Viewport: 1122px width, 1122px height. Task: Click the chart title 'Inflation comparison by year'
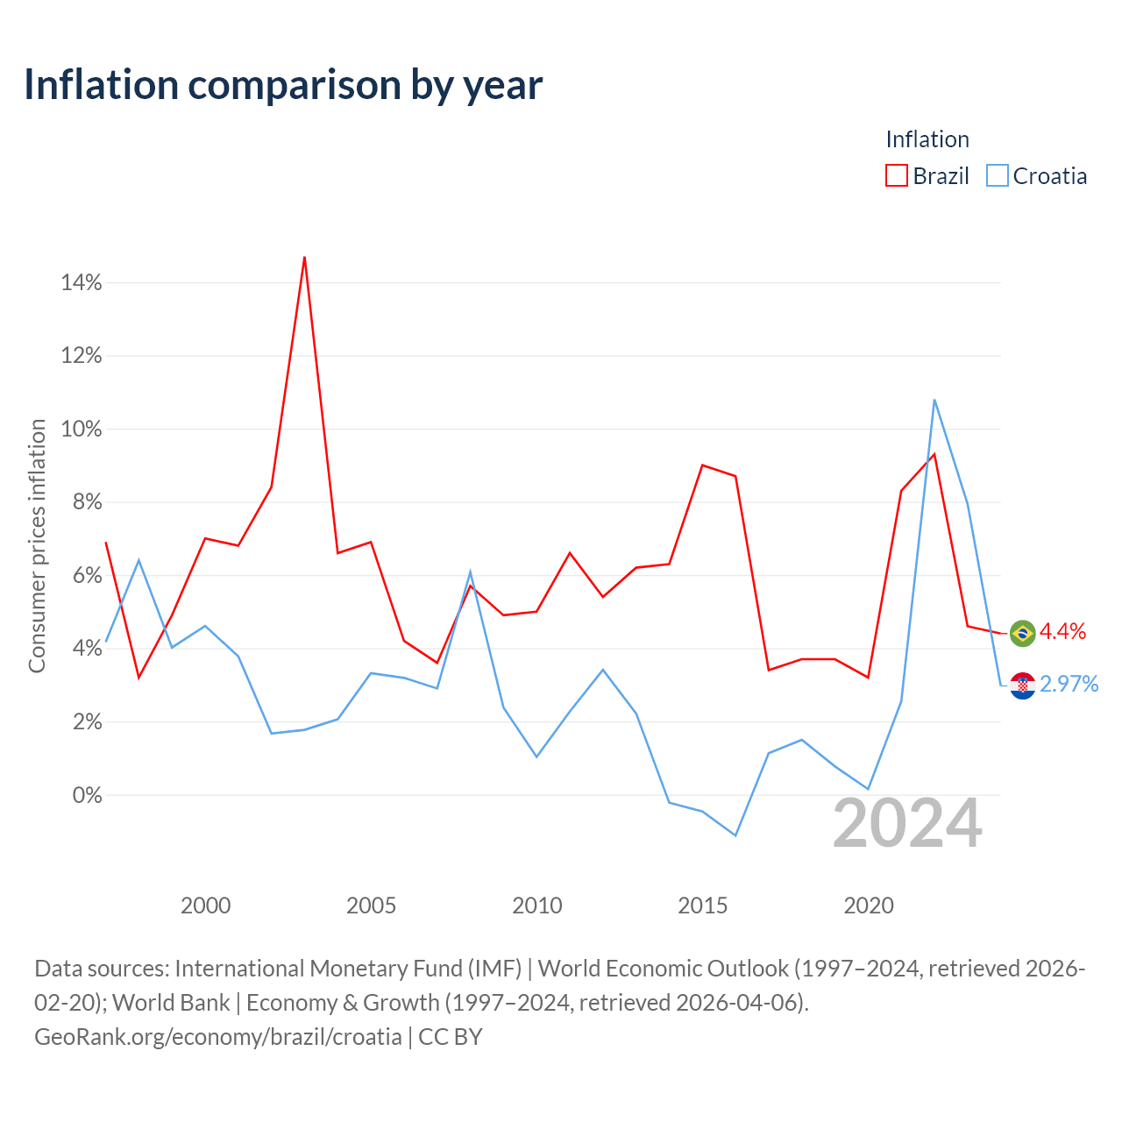[283, 85]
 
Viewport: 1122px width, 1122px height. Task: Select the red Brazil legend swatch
[896, 175]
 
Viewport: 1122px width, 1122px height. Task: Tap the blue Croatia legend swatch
[997, 175]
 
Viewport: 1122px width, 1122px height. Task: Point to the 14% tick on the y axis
[81, 283]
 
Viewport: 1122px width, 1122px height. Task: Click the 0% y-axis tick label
[87, 795]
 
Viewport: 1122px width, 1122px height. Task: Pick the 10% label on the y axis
[81, 430]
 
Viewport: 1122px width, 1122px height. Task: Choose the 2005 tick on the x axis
[371, 905]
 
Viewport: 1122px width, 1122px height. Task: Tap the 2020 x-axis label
[868, 905]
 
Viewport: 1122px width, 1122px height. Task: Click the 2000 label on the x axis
[205, 905]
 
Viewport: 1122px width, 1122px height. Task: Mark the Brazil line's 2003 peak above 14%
[304, 257]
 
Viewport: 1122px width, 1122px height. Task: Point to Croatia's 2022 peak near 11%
[934, 400]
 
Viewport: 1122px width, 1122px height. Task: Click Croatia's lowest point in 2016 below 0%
[735, 835]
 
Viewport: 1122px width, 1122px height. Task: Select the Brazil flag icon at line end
[1022, 634]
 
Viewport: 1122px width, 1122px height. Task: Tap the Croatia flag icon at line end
[1022, 685]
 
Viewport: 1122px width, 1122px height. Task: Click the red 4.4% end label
[1062, 631]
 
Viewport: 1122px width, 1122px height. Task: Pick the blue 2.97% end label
[1069, 684]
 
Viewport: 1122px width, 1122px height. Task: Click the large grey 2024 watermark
[908, 823]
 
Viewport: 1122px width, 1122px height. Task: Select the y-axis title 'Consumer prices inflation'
[37, 546]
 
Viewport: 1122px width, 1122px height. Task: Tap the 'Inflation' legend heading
[927, 139]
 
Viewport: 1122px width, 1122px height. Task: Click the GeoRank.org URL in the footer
[217, 1037]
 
